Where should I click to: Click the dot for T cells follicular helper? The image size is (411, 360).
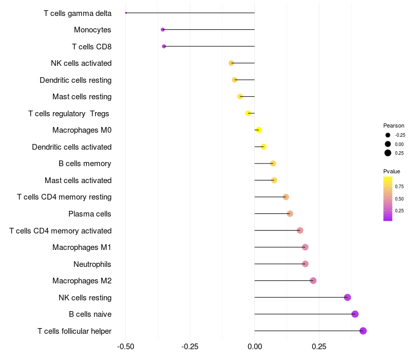(x=363, y=331)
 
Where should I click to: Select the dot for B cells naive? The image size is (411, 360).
(x=355, y=314)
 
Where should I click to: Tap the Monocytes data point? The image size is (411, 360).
(x=163, y=30)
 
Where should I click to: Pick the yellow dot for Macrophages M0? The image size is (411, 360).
(x=259, y=130)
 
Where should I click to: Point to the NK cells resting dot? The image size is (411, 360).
(x=347, y=297)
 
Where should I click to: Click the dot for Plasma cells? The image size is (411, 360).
(x=290, y=213)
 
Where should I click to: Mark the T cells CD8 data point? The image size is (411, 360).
(x=164, y=46)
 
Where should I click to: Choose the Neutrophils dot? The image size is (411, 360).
(x=305, y=264)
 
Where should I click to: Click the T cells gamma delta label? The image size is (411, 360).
(x=78, y=13)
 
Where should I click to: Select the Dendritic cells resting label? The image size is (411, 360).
(x=76, y=80)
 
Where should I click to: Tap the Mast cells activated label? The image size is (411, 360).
(x=78, y=181)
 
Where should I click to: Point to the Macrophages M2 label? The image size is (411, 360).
(x=82, y=281)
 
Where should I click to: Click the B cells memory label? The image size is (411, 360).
(x=85, y=164)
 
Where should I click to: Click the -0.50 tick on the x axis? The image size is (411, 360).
(x=126, y=347)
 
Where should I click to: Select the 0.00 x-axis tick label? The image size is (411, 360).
(x=255, y=347)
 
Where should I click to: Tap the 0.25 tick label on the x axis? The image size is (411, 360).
(x=319, y=347)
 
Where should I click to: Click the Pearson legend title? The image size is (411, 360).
(x=394, y=125)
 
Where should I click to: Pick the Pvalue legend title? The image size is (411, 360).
(x=391, y=171)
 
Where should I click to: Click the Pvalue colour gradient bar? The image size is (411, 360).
(x=388, y=199)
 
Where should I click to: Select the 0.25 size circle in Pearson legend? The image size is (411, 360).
(x=388, y=153)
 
